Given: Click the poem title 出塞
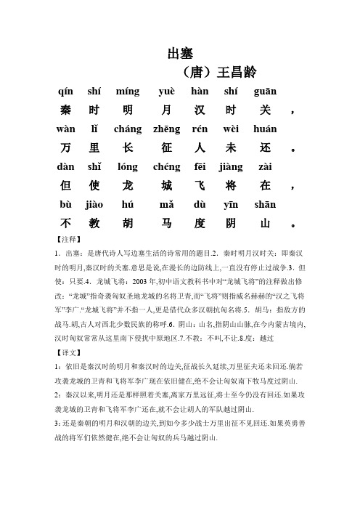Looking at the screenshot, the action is coord(179,53).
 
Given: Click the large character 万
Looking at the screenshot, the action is coord(66,148).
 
